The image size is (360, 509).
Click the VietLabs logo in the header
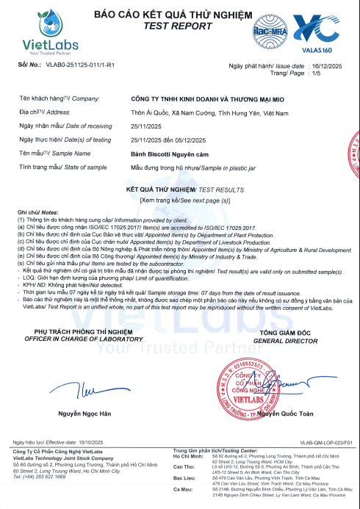(x=46, y=35)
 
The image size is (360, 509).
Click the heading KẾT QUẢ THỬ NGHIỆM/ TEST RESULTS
(x=180, y=189)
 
